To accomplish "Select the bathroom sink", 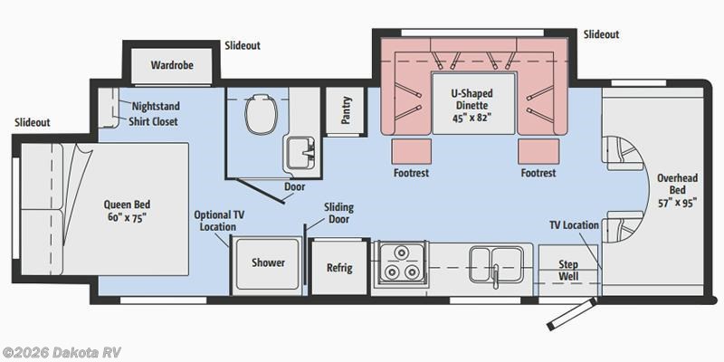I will pyautogui.click(x=299, y=152).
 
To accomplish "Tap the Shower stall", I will pyautogui.click(x=268, y=262).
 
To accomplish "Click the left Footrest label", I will pyautogui.click(x=411, y=172).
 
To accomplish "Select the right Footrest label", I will pyautogui.click(x=538, y=172).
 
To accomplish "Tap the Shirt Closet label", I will pyautogui.click(x=153, y=121).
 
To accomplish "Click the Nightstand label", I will pyautogui.click(x=156, y=105).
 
